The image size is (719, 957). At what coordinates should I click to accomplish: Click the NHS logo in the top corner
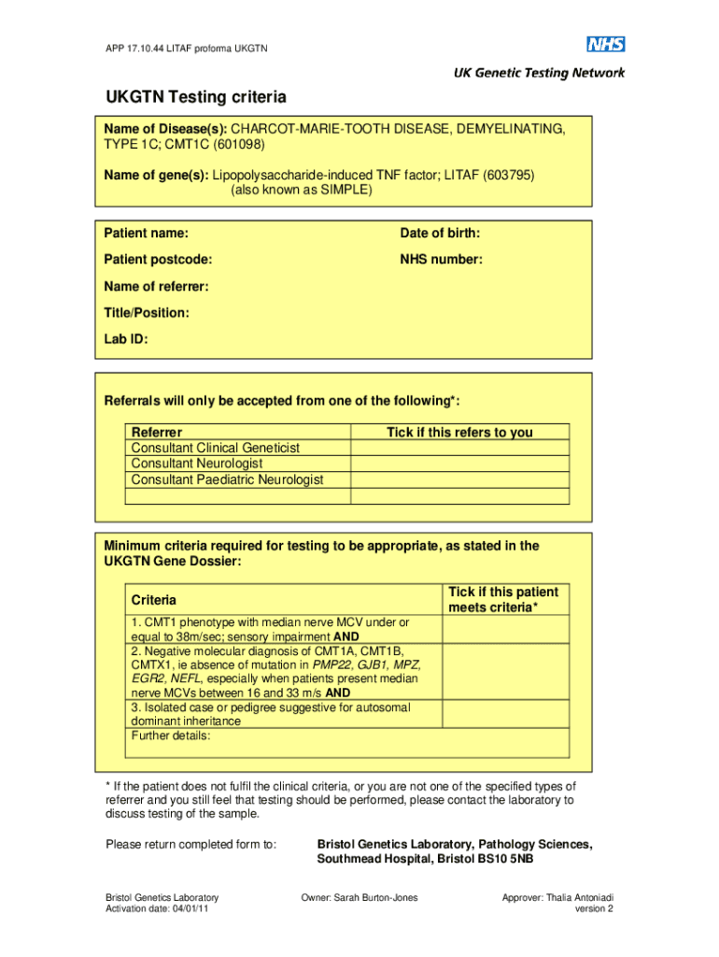[605, 44]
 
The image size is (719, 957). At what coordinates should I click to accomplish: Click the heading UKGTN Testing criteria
[195, 97]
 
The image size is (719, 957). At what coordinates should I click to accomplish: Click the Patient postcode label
[158, 260]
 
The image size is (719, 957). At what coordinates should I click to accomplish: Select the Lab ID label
[126, 340]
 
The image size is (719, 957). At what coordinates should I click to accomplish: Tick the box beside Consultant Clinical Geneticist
[459, 448]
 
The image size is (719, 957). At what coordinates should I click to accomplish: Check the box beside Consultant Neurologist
[459, 464]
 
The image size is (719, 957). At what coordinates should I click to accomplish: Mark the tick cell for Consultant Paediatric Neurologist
[459, 479]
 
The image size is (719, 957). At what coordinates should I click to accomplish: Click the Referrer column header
[157, 432]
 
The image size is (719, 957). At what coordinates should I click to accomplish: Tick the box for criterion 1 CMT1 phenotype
[505, 629]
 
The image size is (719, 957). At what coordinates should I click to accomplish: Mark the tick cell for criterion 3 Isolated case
[505, 715]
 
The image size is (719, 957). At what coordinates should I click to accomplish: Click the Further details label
[171, 736]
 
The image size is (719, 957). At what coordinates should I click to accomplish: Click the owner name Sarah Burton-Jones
[359, 898]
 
